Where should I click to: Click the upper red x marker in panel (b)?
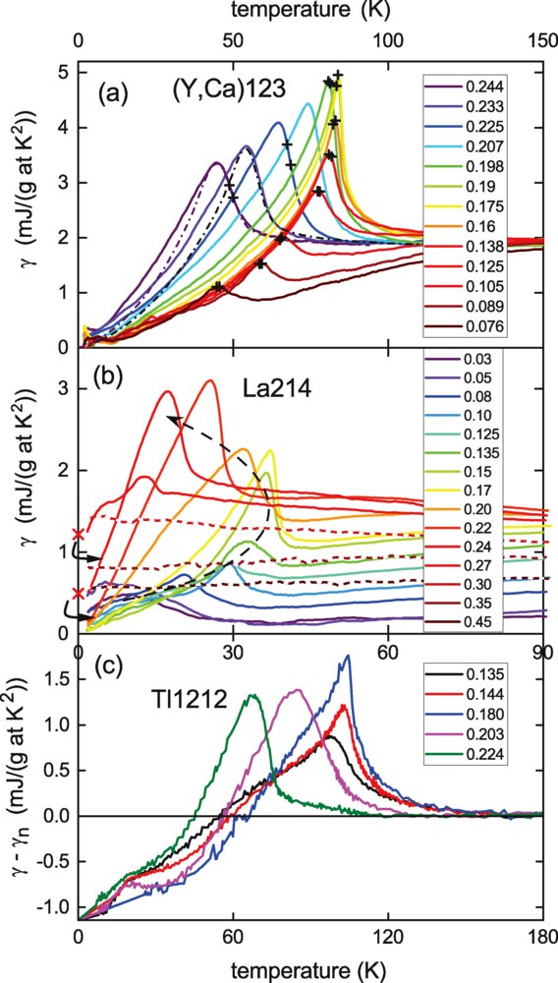click(x=79, y=534)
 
